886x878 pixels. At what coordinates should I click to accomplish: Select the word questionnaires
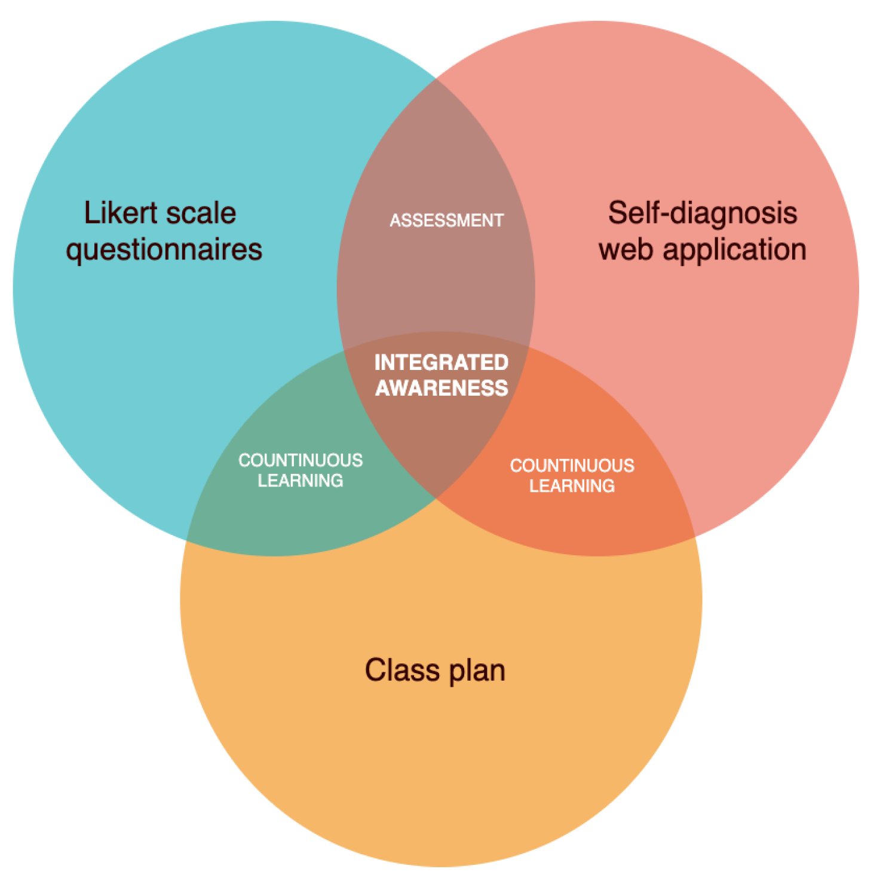(x=164, y=250)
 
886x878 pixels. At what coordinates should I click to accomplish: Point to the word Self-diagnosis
(x=703, y=213)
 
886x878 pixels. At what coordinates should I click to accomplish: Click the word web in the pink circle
(x=626, y=249)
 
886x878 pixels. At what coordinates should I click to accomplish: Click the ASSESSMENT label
(x=447, y=221)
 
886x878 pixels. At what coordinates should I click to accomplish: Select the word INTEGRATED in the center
(x=441, y=362)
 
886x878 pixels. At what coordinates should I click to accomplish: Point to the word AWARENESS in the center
(x=442, y=388)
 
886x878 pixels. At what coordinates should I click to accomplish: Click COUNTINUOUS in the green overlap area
(x=301, y=460)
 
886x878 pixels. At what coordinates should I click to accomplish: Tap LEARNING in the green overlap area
(x=301, y=481)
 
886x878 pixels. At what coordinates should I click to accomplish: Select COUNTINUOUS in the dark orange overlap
(x=572, y=466)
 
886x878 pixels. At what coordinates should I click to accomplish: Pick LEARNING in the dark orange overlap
(x=572, y=486)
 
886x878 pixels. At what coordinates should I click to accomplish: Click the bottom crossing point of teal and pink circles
(x=436, y=499)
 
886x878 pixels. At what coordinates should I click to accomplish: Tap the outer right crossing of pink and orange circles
(x=695, y=538)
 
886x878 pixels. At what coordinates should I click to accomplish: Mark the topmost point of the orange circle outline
(x=441, y=332)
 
